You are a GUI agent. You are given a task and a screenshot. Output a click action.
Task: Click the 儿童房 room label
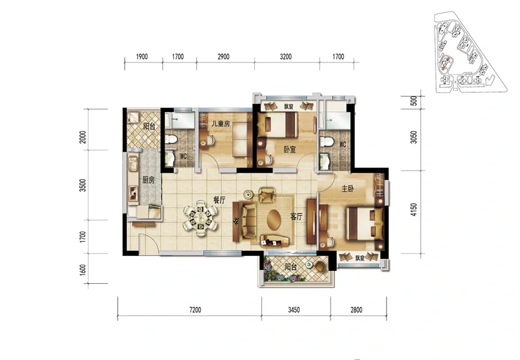tap(221, 124)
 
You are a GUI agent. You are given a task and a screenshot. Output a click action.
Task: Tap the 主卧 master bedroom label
tap(348, 189)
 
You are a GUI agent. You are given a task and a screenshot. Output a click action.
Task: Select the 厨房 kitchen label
tap(148, 180)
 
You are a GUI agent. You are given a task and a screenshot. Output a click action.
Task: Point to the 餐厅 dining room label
tap(219, 201)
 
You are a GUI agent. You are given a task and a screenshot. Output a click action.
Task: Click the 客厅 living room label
tap(296, 217)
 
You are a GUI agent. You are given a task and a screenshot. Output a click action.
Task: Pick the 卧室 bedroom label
tap(289, 150)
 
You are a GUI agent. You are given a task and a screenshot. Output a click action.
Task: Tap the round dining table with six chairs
tap(200, 218)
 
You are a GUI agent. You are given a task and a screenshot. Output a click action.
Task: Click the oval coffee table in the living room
tap(274, 220)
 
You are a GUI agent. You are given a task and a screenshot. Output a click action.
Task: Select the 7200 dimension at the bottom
tap(195, 310)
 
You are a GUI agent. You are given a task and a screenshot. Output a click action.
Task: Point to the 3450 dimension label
tap(294, 310)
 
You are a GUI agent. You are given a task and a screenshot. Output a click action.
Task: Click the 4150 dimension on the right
tap(414, 210)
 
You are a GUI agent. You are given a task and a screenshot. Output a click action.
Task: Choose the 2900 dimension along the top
tap(224, 57)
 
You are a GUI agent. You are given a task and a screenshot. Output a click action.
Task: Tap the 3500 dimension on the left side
tap(83, 185)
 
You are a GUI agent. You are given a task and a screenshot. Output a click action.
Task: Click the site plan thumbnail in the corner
tap(471, 52)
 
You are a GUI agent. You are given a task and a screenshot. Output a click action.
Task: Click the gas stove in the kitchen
tap(133, 193)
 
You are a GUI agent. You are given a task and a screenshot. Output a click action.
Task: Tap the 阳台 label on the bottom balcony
tap(291, 267)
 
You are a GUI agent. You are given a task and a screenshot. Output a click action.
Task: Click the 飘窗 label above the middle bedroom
tap(288, 107)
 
